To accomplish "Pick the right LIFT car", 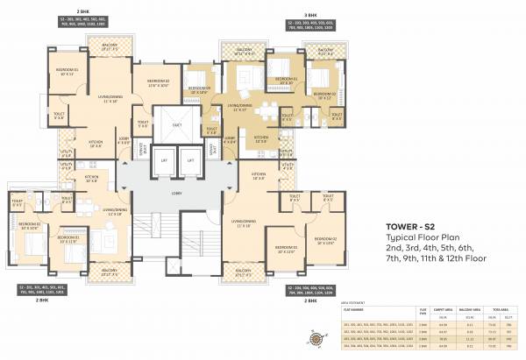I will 190,161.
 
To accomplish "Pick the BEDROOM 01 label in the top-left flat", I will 41,72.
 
